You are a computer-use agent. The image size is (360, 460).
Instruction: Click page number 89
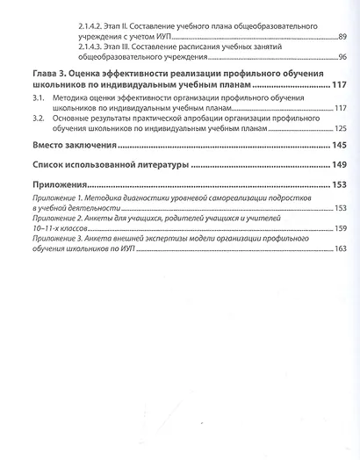click(x=342, y=37)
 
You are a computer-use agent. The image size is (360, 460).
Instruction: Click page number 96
click(x=342, y=58)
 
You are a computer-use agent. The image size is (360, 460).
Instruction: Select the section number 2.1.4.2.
click(x=89, y=18)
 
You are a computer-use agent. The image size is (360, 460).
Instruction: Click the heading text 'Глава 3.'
click(x=49, y=74)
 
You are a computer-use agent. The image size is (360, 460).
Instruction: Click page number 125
click(x=340, y=129)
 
